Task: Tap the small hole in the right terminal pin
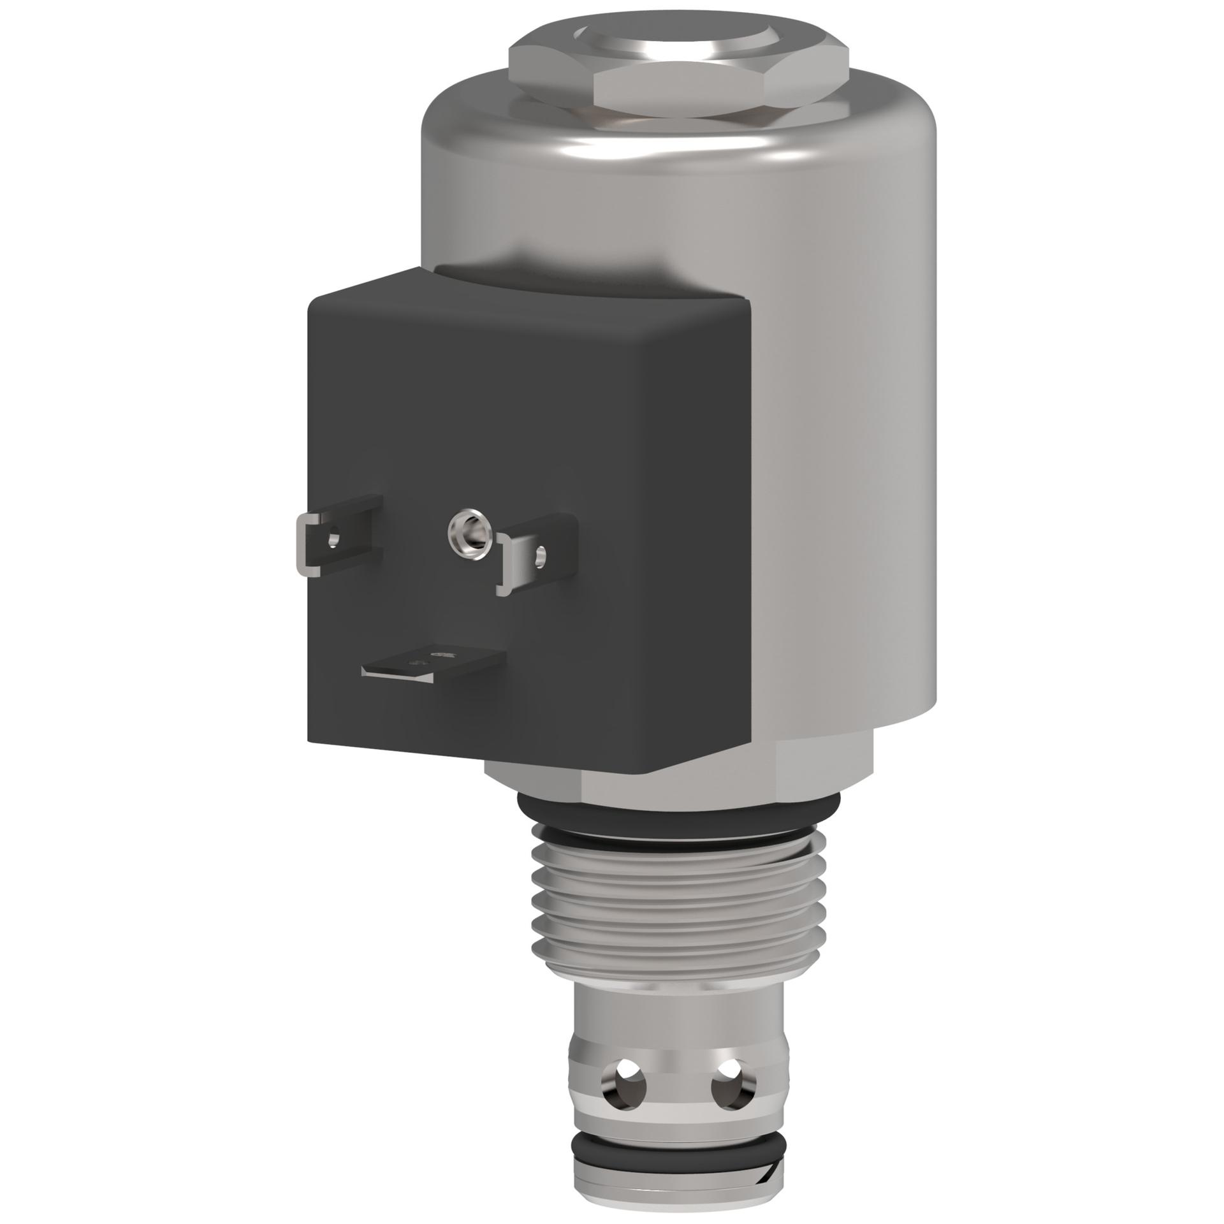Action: [x=541, y=556]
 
